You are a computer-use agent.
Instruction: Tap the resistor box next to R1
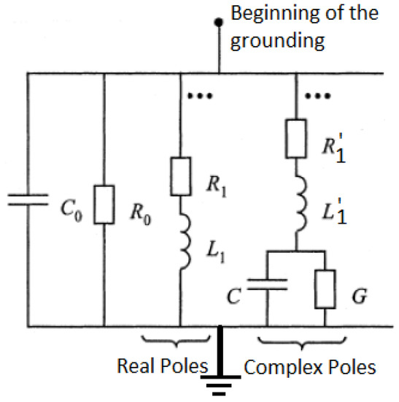pos(179,175)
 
